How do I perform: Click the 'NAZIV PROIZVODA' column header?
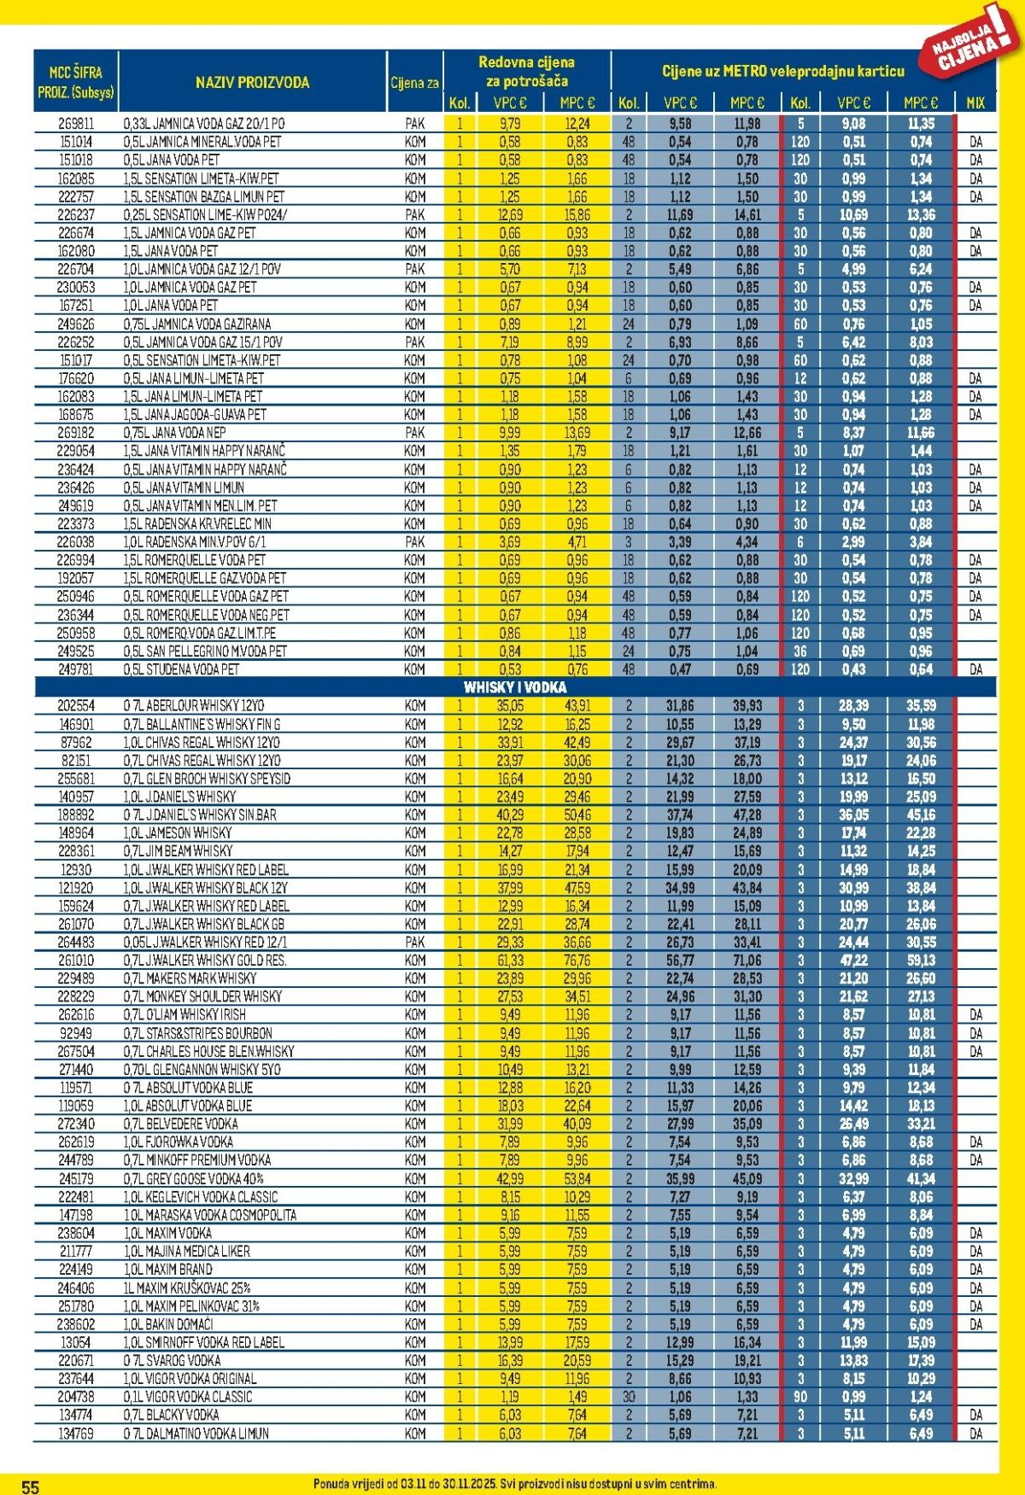click(252, 83)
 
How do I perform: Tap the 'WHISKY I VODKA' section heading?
click(514, 687)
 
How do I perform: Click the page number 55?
click(30, 1486)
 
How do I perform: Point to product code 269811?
click(76, 124)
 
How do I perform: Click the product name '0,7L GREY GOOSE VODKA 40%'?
click(196, 1178)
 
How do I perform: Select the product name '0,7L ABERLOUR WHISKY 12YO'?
click(194, 706)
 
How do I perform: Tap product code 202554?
click(76, 706)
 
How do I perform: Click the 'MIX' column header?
click(975, 103)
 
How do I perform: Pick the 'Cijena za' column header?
click(415, 83)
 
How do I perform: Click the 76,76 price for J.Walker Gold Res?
click(577, 961)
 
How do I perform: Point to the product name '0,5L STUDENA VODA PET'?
click(181, 669)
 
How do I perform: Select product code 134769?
click(76, 1434)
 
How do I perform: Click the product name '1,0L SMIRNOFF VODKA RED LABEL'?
click(203, 1342)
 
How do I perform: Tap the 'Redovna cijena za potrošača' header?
click(526, 72)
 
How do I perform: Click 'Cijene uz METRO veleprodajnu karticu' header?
click(782, 72)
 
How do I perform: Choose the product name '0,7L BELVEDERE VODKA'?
click(180, 1124)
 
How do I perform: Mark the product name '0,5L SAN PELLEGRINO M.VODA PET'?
click(205, 651)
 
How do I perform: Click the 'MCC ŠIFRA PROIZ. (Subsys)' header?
click(76, 83)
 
